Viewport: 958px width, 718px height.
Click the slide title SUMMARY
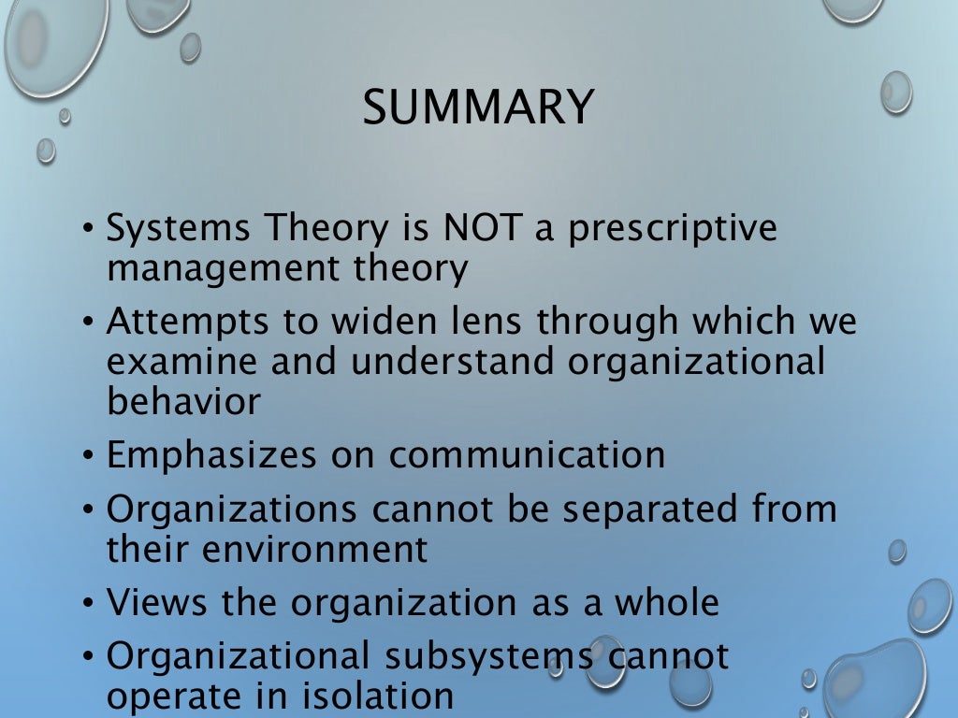click(x=478, y=107)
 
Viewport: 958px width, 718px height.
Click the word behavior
click(x=183, y=401)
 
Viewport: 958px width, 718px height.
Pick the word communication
click(x=527, y=455)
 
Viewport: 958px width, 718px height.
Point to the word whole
click(x=666, y=603)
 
